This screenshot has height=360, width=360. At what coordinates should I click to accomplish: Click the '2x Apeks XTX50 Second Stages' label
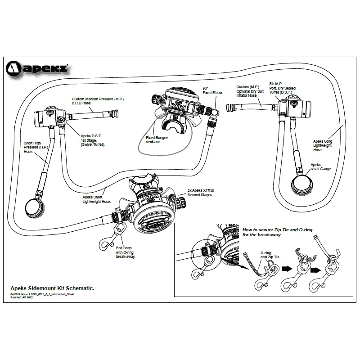pyautogui.click(x=201, y=193)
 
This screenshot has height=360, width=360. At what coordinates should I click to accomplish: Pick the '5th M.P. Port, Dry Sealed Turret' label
pyautogui.click(x=280, y=89)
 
